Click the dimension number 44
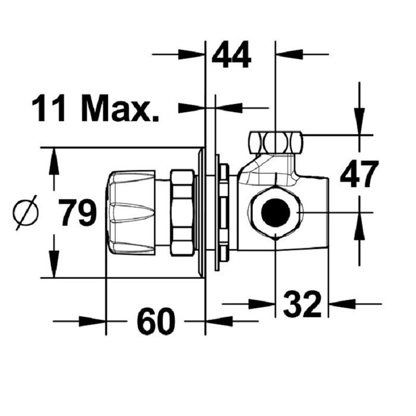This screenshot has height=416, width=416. pos(231,55)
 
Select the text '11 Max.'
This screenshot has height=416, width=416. pos(95,108)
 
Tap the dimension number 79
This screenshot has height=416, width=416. pos(77,213)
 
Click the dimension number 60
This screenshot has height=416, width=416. pos(157,321)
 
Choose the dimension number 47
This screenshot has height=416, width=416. pos(359,174)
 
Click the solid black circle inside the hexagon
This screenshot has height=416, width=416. pos(275,212)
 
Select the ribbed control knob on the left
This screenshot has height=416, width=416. pos(130,212)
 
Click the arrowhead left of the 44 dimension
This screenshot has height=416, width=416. pos(191,54)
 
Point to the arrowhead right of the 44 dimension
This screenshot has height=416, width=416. pos(290,54)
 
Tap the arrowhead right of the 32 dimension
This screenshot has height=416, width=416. pos(342,304)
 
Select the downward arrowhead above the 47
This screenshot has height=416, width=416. pos(359,122)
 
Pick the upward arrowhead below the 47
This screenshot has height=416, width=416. pos(359,226)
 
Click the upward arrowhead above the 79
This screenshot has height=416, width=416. pos(54,161)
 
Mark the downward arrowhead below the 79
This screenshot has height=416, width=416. pos(54,264)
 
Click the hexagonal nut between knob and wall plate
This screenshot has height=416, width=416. pos(183,213)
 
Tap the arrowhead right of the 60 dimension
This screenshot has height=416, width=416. pos(219,321)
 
